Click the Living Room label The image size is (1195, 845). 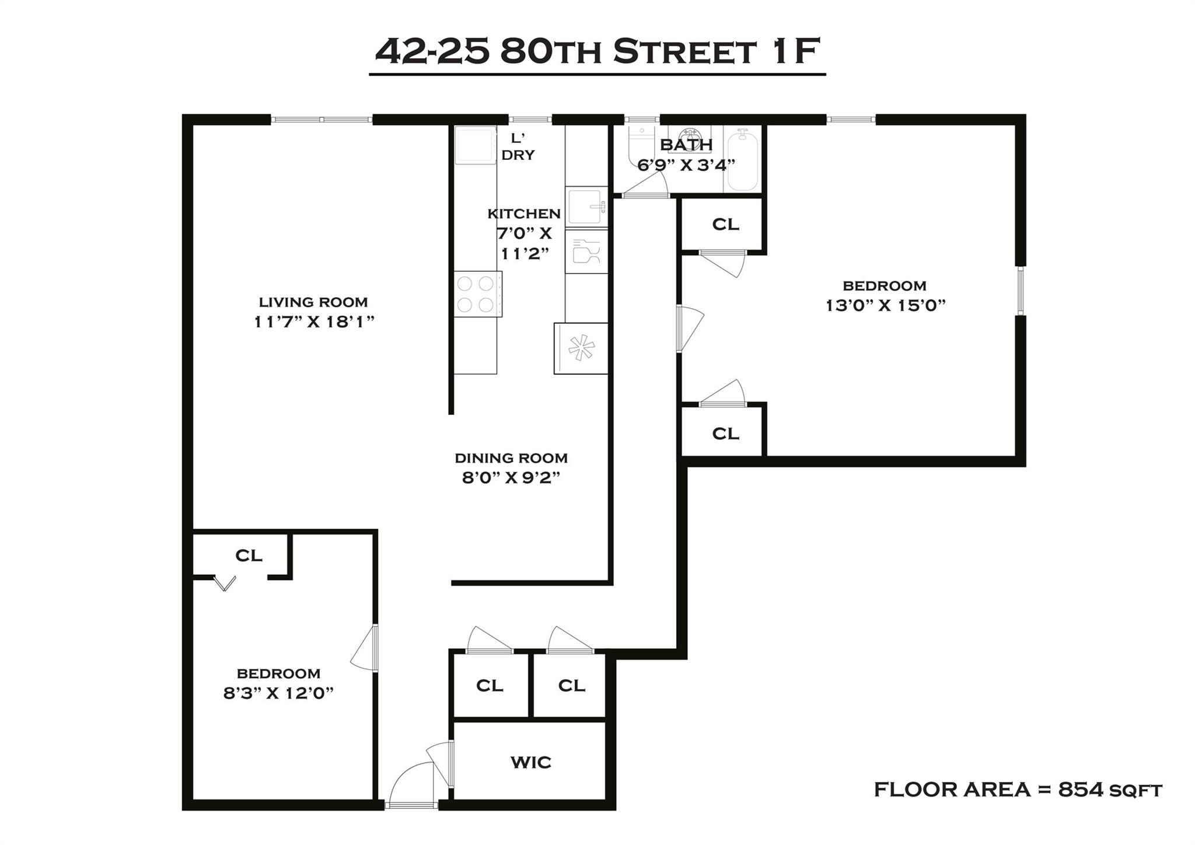tap(313, 302)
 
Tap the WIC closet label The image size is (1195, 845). tap(530, 762)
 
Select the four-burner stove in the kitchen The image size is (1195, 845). tap(477, 294)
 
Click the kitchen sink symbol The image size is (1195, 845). tap(586, 206)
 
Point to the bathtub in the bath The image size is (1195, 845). tap(742, 160)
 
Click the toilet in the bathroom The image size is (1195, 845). tap(637, 149)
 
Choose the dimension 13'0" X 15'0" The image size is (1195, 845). tap(885, 305)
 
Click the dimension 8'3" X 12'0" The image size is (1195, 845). tap(278, 693)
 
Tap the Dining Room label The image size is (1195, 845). tap(511, 458)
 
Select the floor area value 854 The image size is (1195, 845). tap(1081, 790)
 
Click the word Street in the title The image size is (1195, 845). tap(684, 53)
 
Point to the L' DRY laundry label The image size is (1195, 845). tap(518, 147)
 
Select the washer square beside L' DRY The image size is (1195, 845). tap(474, 145)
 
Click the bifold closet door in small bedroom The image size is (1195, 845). tap(225, 583)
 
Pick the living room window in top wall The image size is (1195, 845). tap(322, 120)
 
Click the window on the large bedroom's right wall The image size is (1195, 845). tap(1020, 291)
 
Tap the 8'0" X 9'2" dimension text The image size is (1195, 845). tap(511, 478)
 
